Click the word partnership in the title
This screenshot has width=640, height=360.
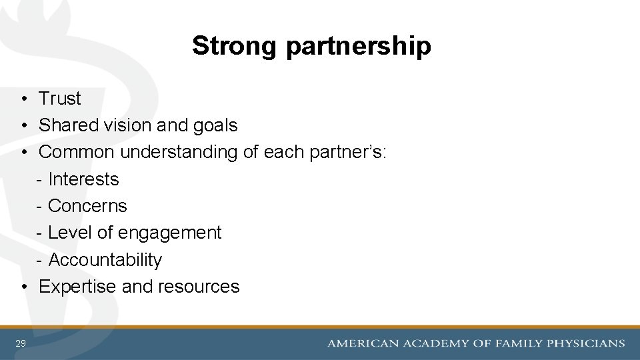pos(359,47)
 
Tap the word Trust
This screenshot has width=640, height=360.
pos(60,99)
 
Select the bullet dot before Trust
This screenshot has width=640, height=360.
pos(23,99)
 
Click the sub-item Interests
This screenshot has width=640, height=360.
pos(83,179)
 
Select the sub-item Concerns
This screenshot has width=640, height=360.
pos(87,206)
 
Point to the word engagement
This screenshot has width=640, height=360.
pos(169,233)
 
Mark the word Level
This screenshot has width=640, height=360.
pos(70,233)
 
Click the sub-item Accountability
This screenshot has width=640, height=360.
pos(105,260)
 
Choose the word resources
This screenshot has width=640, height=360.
pos(199,287)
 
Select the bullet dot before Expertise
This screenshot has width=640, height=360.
pos(23,287)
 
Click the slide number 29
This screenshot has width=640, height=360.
pos(21,343)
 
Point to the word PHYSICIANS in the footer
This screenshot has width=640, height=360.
pos(585,344)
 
